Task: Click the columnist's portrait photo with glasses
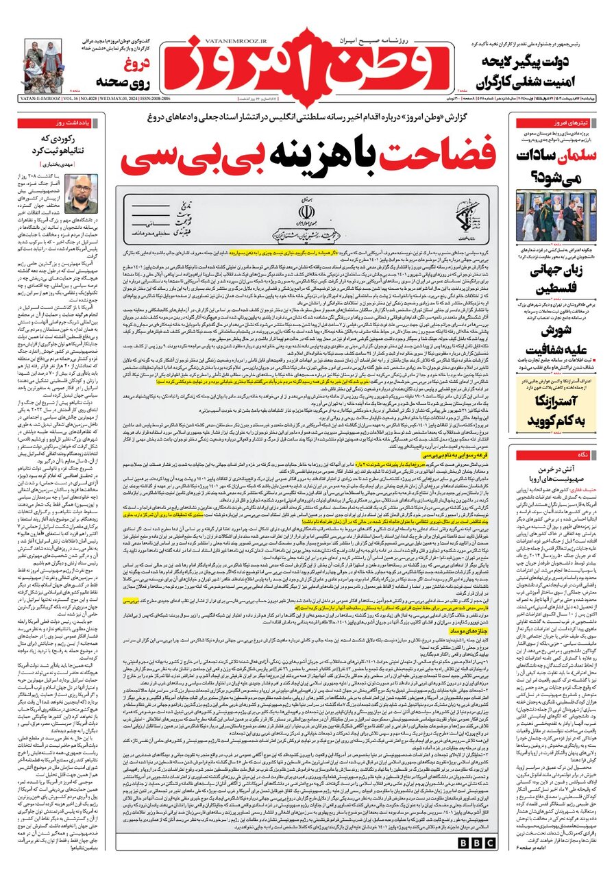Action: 81,194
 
